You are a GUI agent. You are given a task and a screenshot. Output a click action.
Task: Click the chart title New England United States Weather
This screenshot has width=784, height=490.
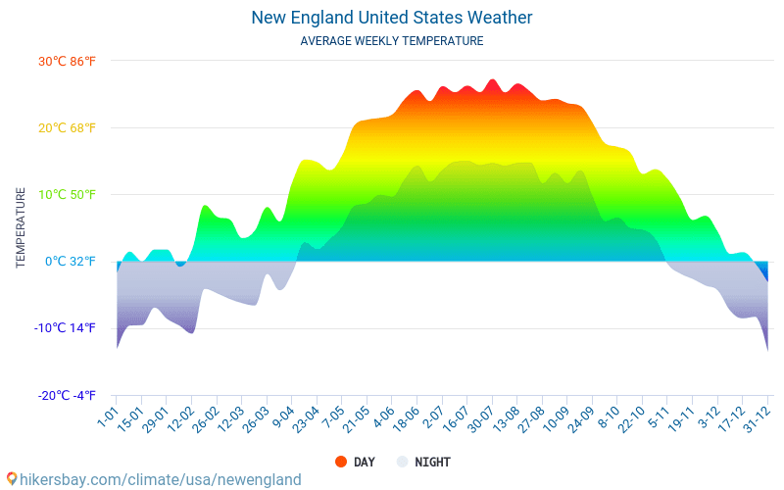pos(392,18)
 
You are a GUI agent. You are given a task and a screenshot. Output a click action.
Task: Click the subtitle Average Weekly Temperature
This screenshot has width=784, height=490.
pos(392,41)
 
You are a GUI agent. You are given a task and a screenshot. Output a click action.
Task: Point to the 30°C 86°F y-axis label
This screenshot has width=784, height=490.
pos(67,61)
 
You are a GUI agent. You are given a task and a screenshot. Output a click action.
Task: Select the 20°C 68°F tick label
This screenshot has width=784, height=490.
pos(67,127)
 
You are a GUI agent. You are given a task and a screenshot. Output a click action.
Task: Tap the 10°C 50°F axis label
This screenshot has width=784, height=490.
pos(67,194)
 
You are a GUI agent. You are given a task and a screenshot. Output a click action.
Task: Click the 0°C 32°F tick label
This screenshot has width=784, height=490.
pos(69,261)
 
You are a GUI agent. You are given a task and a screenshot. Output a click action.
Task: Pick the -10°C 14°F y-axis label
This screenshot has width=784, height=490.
pos(67,328)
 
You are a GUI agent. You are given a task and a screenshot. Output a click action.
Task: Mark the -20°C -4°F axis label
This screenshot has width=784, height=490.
pos(67,395)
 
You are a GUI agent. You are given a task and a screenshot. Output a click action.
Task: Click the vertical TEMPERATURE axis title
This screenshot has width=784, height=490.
pos(21,228)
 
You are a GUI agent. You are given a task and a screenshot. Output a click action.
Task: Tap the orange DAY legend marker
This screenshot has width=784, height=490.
pos(341,462)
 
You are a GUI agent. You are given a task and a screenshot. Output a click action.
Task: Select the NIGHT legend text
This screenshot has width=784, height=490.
pos(432,462)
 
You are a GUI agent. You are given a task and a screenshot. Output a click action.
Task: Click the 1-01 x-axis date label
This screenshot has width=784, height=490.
pos(107,416)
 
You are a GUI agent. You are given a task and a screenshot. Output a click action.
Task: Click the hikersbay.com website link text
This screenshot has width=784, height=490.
pos(161,479)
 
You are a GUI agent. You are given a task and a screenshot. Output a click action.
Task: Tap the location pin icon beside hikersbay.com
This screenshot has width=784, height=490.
pos(11,479)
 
